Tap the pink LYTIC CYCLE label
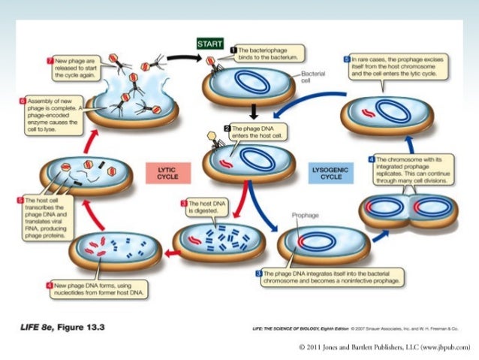tap(167, 174)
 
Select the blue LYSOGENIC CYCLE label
tap(331, 174)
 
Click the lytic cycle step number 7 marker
tap(50, 59)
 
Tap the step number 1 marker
tap(233, 48)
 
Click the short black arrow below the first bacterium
tap(253, 111)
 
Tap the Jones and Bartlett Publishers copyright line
tap(384, 346)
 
